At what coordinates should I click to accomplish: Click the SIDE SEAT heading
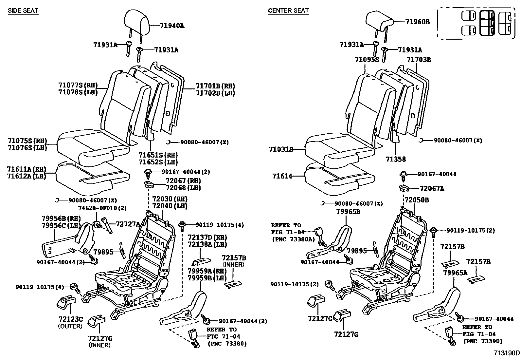(23, 10)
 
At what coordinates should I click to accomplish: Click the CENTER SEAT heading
(288, 10)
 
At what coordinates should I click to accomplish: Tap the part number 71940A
(172, 26)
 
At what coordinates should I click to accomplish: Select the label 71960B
(417, 22)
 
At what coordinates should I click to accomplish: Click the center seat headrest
(379, 20)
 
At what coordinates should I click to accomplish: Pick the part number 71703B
(419, 60)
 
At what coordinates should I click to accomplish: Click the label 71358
(395, 159)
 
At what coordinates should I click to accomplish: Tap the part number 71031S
(281, 149)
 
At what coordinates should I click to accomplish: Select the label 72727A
(128, 224)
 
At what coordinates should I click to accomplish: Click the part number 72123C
(71, 319)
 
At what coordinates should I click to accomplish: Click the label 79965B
(348, 212)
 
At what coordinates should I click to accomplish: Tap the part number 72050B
(417, 200)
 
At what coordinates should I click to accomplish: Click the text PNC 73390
(481, 341)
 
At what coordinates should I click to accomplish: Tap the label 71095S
(367, 60)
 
